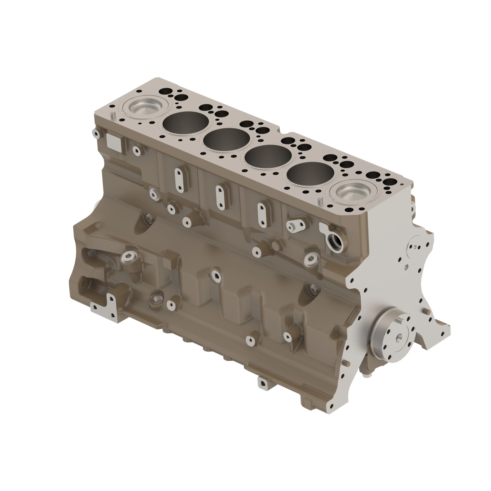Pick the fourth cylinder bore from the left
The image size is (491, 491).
pyautogui.click(x=268, y=158)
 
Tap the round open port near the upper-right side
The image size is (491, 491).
pyautogui.click(x=335, y=240)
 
